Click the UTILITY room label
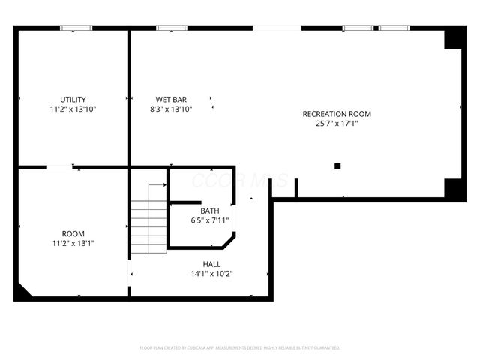73,99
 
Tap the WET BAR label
171,99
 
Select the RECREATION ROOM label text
337,114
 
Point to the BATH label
209,211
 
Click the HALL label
211,264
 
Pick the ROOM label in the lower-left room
73,233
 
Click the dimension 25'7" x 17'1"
337,124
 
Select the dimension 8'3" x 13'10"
171,109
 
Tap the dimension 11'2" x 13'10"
73,109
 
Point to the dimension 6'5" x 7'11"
209,220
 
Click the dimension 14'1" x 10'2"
211,274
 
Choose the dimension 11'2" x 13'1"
73,243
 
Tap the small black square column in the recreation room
337,166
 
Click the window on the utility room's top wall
76,28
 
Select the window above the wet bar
172,28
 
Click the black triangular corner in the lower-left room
22,292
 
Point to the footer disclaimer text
240,347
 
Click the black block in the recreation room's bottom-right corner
454,188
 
